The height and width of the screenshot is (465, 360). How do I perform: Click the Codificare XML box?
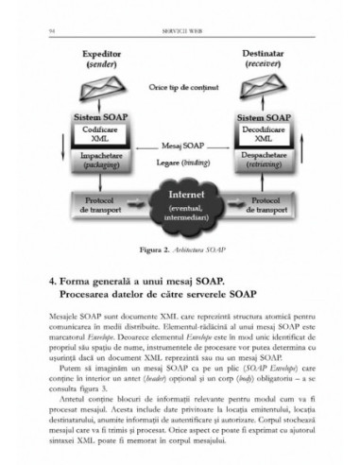(x=107, y=133)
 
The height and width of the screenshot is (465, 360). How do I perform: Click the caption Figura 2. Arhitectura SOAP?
(x=181, y=249)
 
